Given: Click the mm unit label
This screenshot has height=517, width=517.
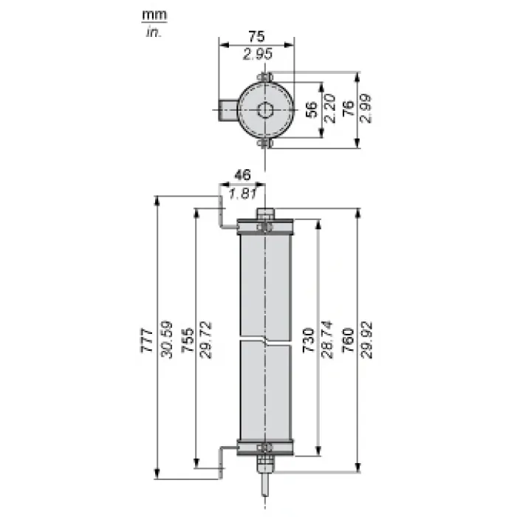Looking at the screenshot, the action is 154,16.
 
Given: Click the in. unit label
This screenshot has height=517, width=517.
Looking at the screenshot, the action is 154,32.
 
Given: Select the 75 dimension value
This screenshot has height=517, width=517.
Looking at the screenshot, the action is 256,37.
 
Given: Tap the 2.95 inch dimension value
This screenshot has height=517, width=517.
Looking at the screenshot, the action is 258,54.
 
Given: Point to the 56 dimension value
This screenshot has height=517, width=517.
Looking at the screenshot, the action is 312,109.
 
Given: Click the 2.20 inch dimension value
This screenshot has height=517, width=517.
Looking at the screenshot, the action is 330,109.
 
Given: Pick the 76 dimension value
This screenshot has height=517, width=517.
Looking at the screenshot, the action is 349,109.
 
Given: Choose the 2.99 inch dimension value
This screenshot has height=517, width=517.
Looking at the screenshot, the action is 366,109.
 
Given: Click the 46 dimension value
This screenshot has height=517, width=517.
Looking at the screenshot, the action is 242,175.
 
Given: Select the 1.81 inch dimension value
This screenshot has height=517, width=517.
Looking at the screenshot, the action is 242,194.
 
